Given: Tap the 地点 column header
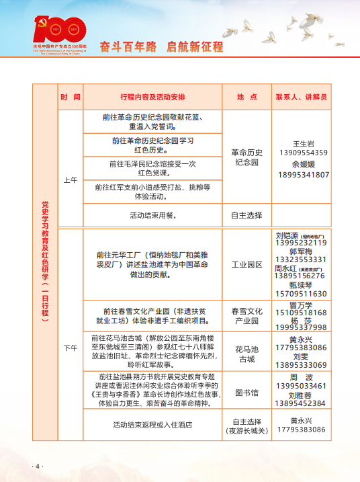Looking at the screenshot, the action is [246, 97].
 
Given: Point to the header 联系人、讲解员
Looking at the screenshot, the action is [301, 97].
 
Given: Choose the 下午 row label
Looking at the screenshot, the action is [71, 348].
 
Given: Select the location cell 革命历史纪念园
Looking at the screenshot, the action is [246, 157].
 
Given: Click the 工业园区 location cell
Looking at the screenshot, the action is [246, 265].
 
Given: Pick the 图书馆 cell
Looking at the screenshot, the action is [246, 392].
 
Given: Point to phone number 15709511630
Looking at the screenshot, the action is [301, 294].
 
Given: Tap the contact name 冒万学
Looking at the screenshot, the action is [301, 305].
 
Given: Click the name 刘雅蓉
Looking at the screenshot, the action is [301, 395].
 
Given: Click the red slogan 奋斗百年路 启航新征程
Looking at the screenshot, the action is [161, 47].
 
